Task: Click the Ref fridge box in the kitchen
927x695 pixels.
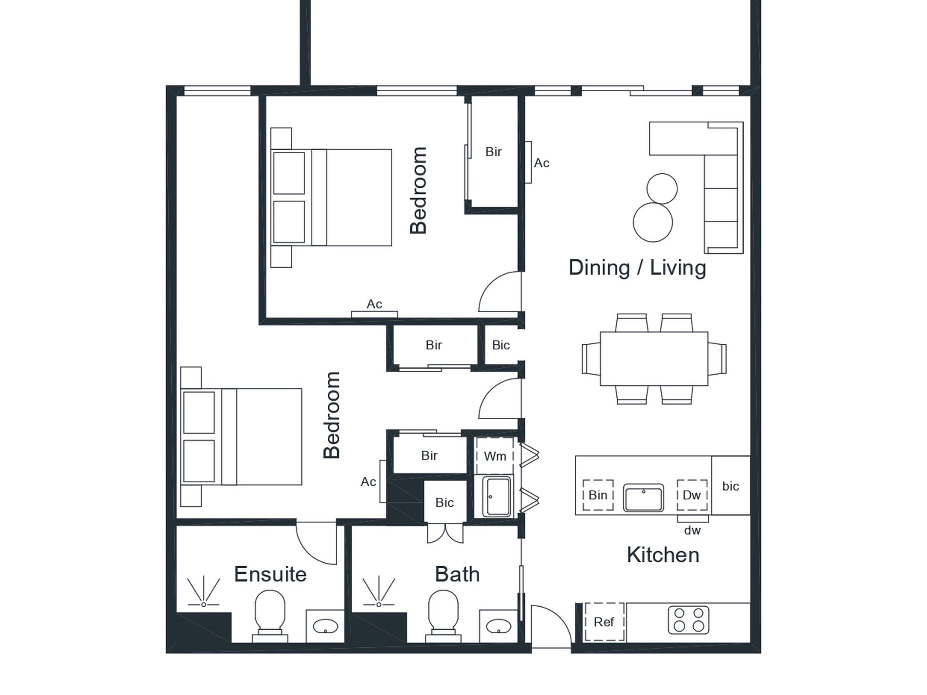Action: click(604, 622)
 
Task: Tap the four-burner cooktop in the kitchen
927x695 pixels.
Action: click(688, 620)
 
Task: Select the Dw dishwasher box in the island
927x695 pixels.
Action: click(692, 495)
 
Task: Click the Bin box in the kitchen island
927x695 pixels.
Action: click(598, 495)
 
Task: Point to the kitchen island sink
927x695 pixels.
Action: click(644, 497)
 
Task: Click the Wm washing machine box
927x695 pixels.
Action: click(495, 456)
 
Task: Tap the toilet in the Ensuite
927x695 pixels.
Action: click(270, 616)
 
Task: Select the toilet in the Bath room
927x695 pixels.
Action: click(443, 616)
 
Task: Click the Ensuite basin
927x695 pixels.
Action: click(325, 626)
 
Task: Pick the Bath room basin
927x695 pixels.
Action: click(499, 626)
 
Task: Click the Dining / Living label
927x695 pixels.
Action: click(637, 268)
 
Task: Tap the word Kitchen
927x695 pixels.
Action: click(663, 555)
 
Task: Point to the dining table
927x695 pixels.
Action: click(654, 359)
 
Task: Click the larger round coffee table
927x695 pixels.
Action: click(653, 222)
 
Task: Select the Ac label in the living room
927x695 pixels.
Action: click(542, 163)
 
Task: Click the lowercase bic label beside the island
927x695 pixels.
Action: click(730, 486)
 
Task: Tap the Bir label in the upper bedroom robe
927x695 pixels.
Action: click(493, 152)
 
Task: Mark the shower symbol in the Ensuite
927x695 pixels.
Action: click(203, 592)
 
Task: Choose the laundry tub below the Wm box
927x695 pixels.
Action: click(497, 496)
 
